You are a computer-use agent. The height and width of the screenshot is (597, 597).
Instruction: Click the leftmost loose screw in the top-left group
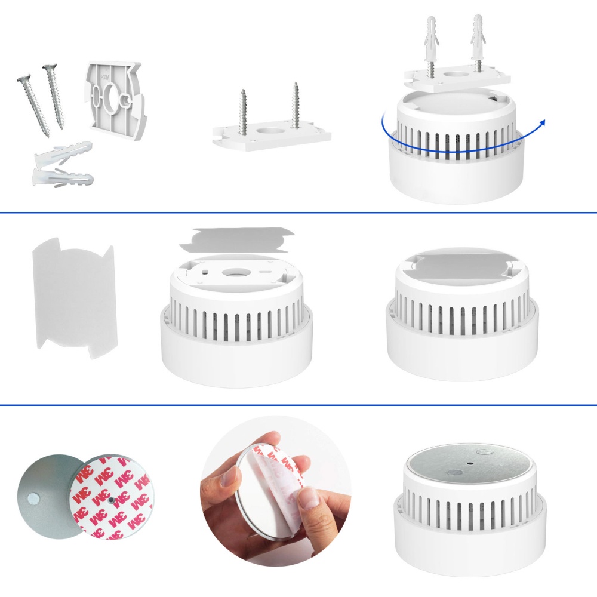coord(33,104)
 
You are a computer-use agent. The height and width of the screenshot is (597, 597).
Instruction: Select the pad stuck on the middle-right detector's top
coord(461,263)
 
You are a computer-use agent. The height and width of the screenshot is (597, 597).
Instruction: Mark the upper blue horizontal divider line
coord(298,213)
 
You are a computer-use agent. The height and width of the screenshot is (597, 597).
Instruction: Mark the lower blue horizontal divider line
coord(298,405)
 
